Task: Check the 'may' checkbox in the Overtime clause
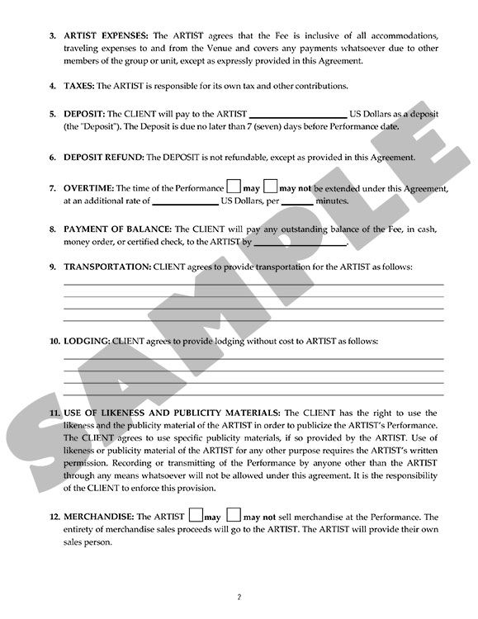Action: [234, 187]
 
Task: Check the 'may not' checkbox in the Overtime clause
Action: [271, 187]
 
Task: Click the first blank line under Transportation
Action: [253, 285]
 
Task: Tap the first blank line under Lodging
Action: [253, 358]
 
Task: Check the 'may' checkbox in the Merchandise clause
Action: [196, 514]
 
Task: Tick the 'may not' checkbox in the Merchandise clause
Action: [234, 514]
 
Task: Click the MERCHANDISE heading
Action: [98, 517]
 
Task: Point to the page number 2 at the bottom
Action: [239, 596]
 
